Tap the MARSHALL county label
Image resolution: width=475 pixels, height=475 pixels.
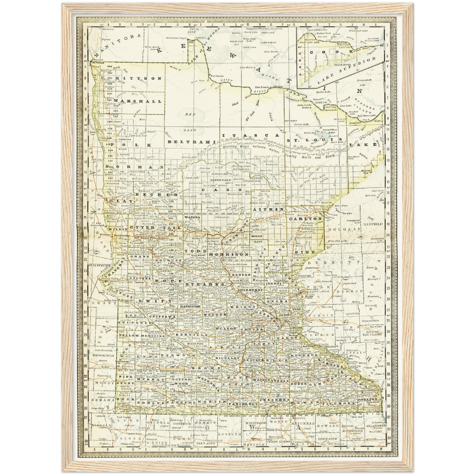138,101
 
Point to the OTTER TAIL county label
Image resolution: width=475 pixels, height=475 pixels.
155,227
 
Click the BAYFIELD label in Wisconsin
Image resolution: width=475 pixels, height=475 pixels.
373,224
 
